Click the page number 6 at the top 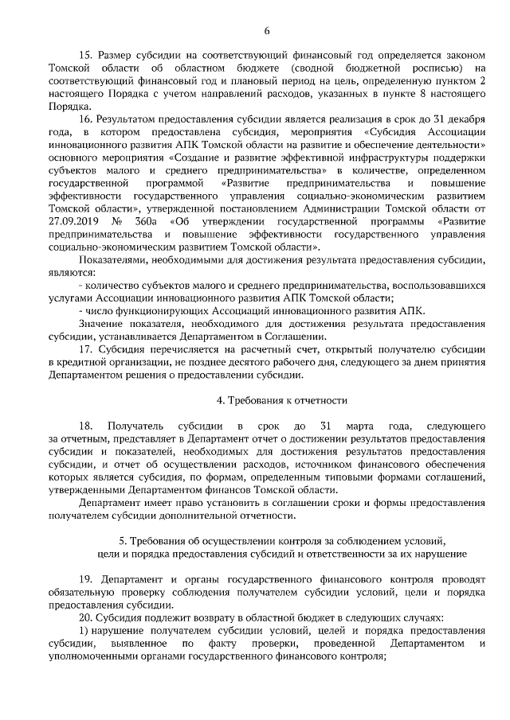click(266, 31)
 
